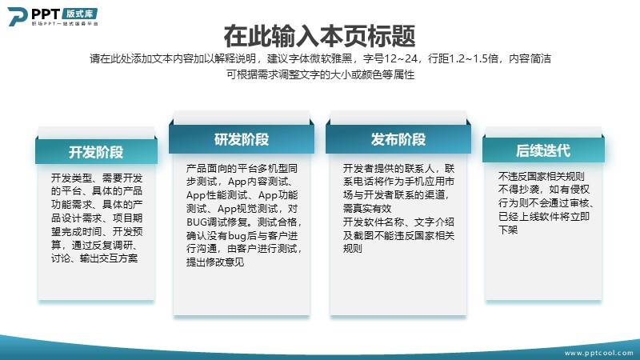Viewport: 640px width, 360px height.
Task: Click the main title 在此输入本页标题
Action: [x=319, y=36]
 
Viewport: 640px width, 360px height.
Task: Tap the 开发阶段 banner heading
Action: [x=96, y=152]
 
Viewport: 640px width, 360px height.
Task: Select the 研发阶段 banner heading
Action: [x=242, y=139]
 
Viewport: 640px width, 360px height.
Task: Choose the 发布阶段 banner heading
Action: [x=398, y=139]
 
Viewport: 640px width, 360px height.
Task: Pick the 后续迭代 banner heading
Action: [x=543, y=150]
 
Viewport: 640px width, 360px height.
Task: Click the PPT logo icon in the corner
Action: [x=18, y=16]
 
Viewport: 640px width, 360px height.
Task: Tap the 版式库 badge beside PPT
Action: [x=79, y=14]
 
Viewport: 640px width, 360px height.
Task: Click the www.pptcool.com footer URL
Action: [x=598, y=353]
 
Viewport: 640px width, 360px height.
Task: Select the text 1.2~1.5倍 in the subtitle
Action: [x=473, y=59]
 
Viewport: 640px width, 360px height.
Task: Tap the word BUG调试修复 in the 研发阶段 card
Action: [x=218, y=222]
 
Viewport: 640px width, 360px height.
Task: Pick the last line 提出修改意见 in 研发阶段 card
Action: [x=215, y=262]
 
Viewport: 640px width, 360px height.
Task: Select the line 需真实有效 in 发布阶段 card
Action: [x=367, y=209]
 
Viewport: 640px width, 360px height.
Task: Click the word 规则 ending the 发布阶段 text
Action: [x=353, y=249]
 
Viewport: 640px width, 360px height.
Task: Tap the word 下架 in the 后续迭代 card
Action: [x=508, y=230]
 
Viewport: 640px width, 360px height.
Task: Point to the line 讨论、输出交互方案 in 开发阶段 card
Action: [x=94, y=258]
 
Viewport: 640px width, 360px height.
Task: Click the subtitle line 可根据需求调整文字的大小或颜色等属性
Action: [x=321, y=74]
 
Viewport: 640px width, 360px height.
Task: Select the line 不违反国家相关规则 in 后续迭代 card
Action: [x=542, y=176]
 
